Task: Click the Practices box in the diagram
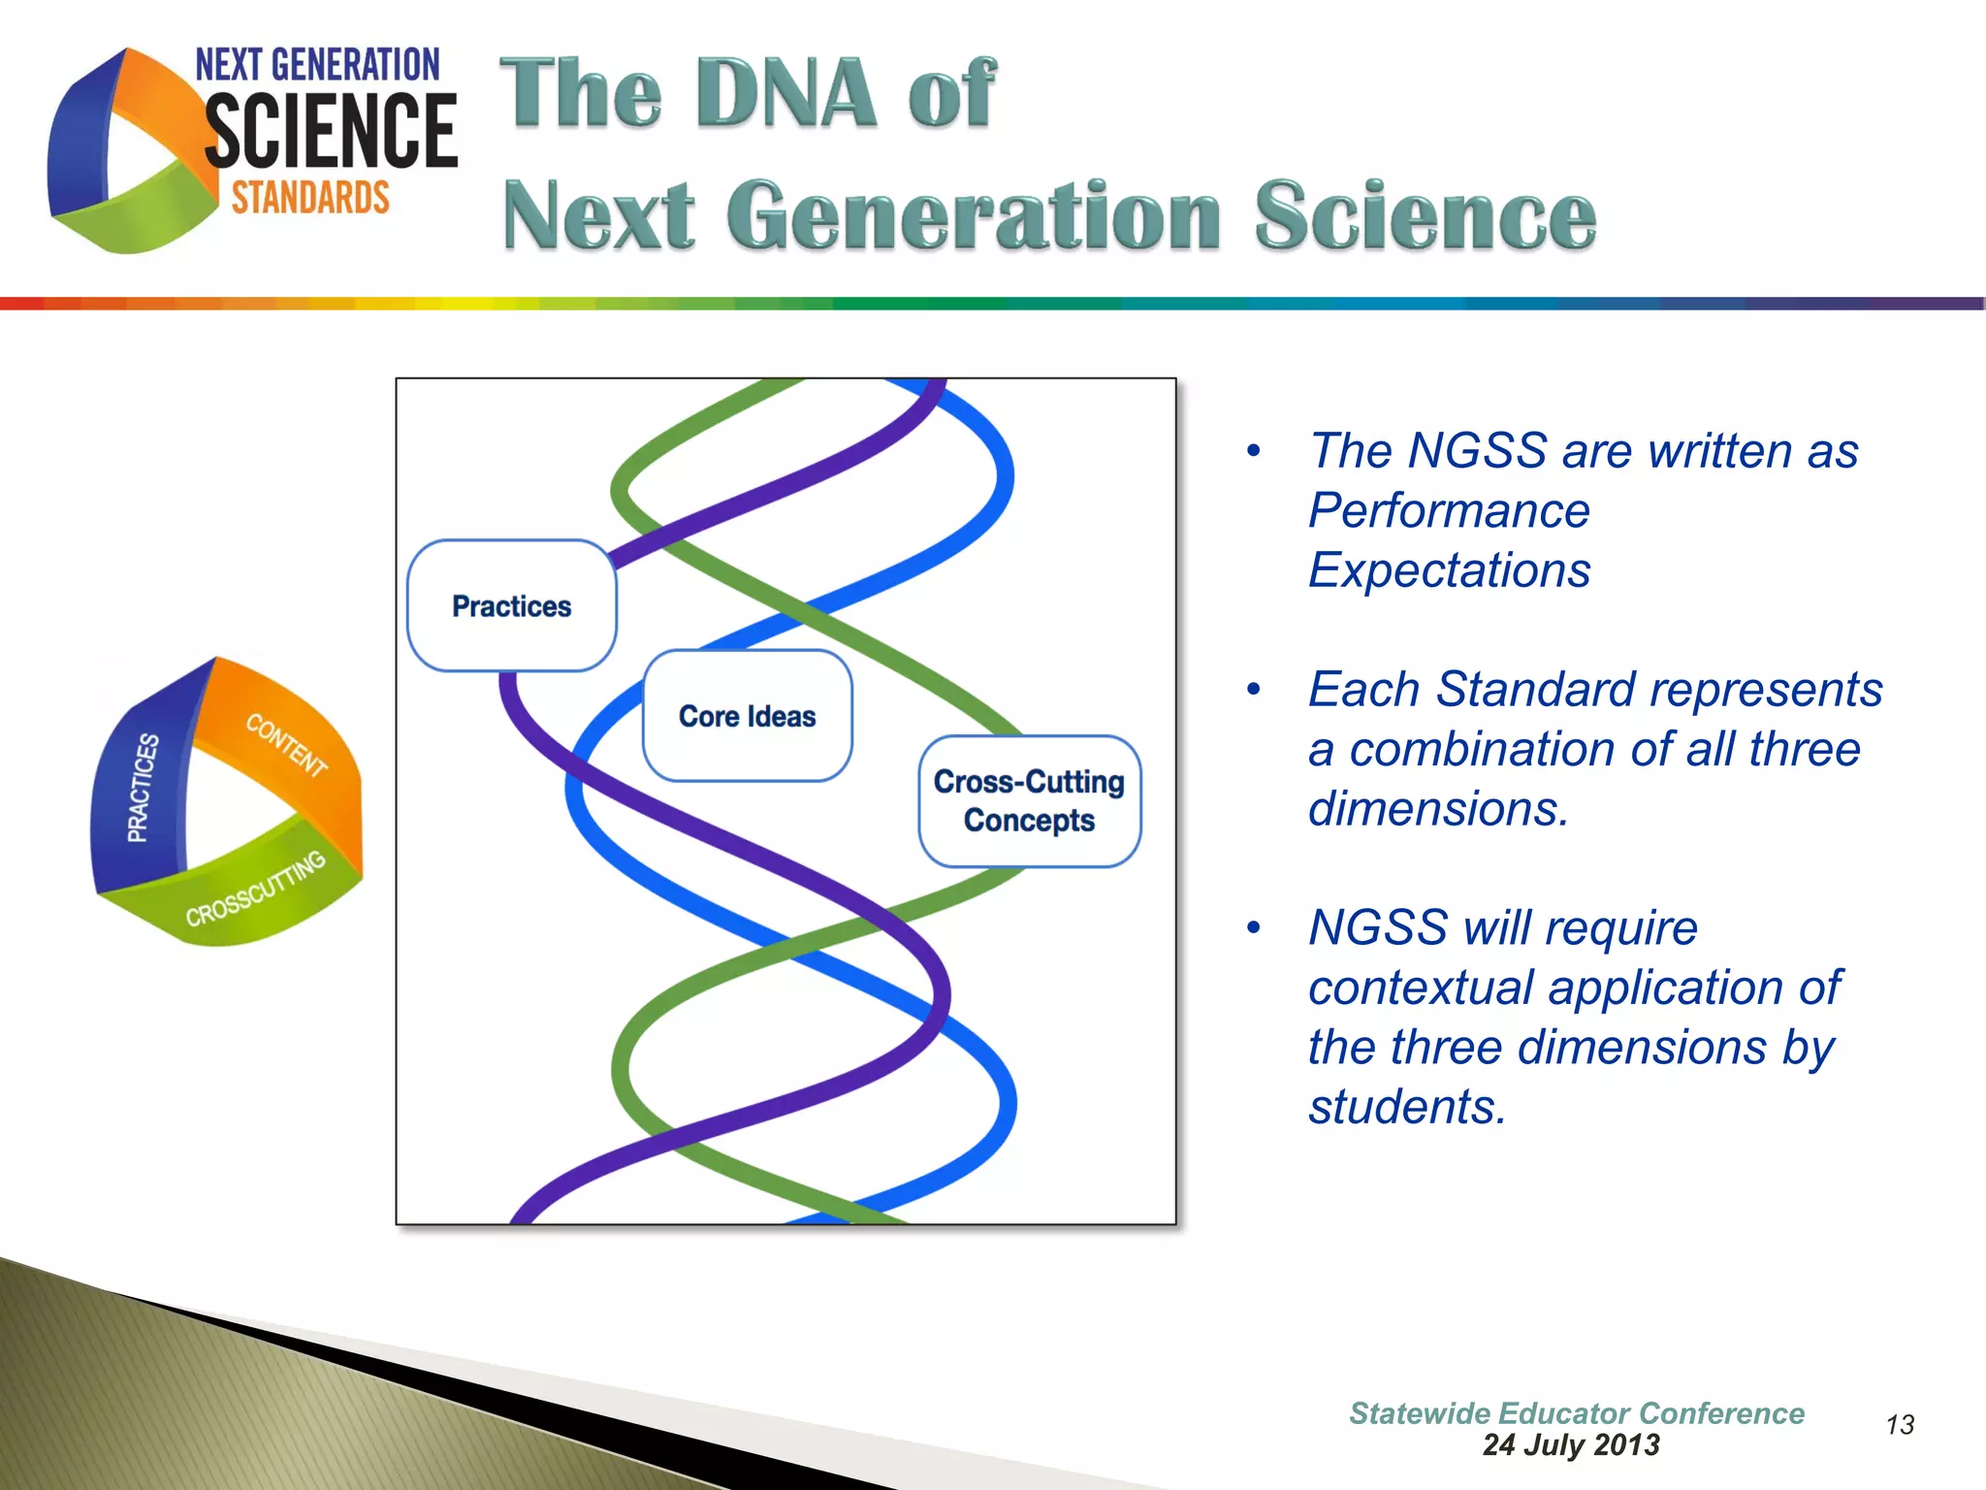tap(511, 606)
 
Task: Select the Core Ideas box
tap(747, 716)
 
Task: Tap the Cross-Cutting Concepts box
tap(1029, 801)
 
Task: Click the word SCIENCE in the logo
tap(331, 132)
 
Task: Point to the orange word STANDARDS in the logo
tap(310, 198)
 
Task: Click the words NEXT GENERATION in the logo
tap(317, 66)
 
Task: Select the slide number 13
tap(1900, 1425)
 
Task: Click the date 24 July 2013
tap(1571, 1445)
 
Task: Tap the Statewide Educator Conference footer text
tap(1577, 1413)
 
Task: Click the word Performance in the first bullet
tap(1449, 511)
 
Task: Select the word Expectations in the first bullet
tap(1449, 570)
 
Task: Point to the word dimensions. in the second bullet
tap(1438, 809)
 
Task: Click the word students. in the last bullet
tap(1407, 1107)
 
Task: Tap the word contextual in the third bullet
tap(1420, 988)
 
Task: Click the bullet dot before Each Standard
tap(1254, 690)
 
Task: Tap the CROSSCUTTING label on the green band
tap(255, 889)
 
